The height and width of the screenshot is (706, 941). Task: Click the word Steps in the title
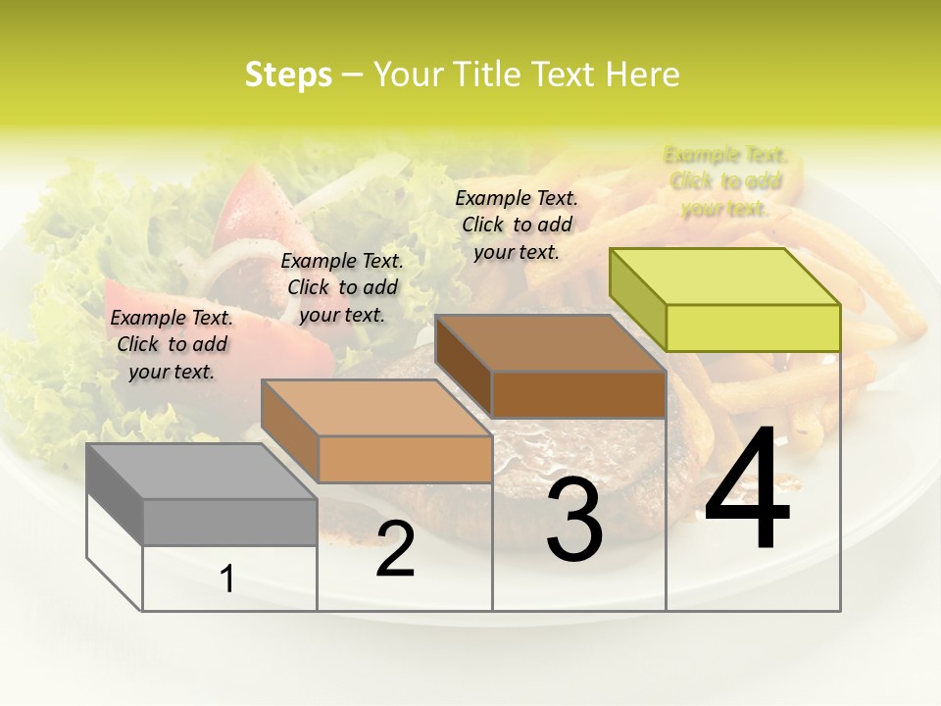pyautogui.click(x=288, y=75)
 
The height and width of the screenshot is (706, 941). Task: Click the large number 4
pyautogui.click(x=747, y=490)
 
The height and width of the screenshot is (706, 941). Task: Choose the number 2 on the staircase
pyautogui.click(x=395, y=549)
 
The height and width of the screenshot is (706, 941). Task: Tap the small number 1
pyautogui.click(x=227, y=580)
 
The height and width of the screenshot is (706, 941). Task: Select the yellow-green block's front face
pyautogui.click(x=753, y=328)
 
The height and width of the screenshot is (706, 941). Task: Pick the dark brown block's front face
pyautogui.click(x=578, y=394)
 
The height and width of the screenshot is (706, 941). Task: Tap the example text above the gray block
pyautogui.click(x=173, y=344)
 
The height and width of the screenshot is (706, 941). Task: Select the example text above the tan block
pyautogui.click(x=342, y=287)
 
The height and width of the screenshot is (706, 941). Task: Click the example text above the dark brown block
pyautogui.click(x=517, y=225)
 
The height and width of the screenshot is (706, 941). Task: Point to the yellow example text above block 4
pyautogui.click(x=725, y=181)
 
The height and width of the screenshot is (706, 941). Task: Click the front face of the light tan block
pyautogui.click(x=405, y=459)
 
